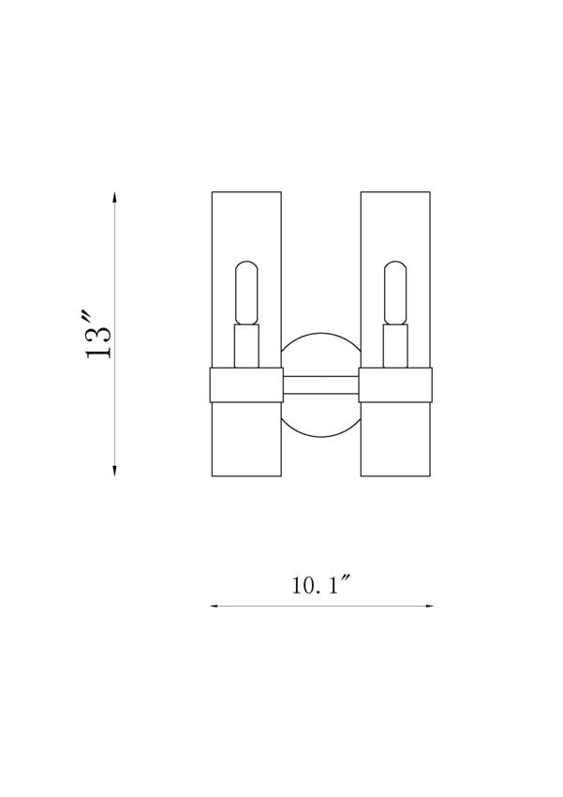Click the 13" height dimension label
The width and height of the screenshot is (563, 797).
tap(98, 336)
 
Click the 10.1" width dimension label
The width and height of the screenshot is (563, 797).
tap(322, 585)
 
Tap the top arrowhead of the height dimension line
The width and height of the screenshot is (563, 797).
tap(114, 198)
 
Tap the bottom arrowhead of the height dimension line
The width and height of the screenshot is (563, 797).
tap(114, 470)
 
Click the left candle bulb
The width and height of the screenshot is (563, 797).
tap(246, 293)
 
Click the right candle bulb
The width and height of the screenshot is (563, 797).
tap(395, 293)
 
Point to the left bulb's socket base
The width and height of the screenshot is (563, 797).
tap(246, 346)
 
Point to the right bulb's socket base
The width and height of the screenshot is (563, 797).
tap(395, 346)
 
